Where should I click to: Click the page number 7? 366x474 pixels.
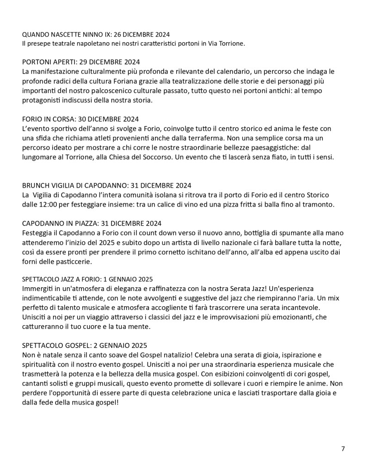[x=343, y=448]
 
